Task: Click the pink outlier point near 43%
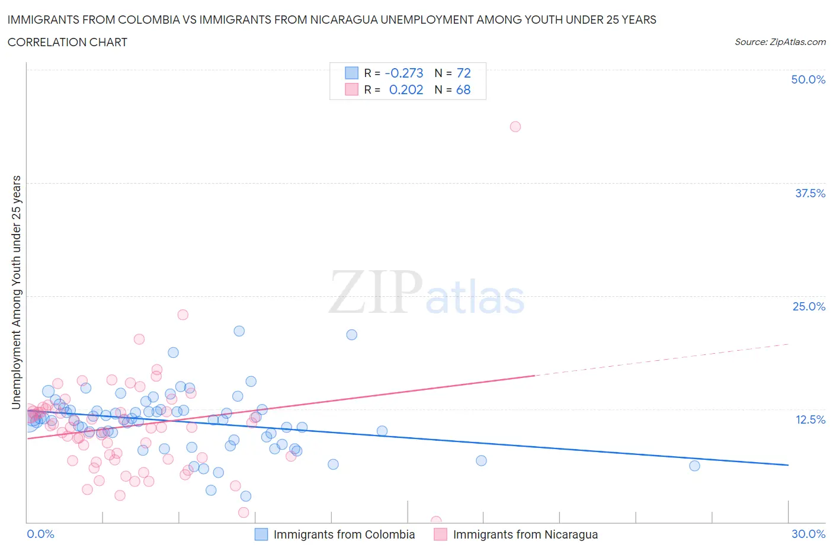tap(515, 126)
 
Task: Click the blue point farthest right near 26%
tap(694, 466)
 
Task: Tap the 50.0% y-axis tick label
tap(808, 79)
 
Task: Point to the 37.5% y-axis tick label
tap(810, 193)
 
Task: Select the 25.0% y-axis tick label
tap(809, 306)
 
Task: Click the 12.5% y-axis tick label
tap(810, 419)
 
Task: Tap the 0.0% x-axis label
tap(40, 534)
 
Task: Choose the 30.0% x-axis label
tap(808, 534)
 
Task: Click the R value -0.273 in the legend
tap(404, 73)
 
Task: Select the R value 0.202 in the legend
tap(406, 89)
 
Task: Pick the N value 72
tap(463, 73)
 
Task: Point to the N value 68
tap(463, 89)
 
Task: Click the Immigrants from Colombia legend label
tap(344, 534)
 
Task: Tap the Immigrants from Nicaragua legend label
tap(525, 534)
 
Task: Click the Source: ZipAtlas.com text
tap(780, 41)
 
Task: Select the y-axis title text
tap(17, 292)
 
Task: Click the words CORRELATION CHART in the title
tap(68, 42)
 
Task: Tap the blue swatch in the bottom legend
tap(261, 534)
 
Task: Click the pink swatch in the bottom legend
tap(440, 534)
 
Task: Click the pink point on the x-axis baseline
tap(436, 521)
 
